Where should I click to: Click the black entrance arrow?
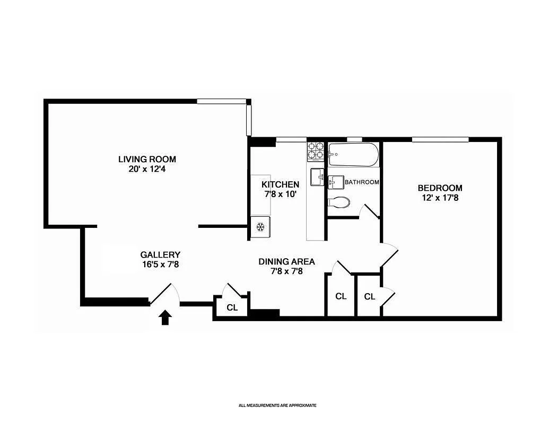tap(165, 317)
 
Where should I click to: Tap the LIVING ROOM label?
tap(147, 159)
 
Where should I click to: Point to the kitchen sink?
tap(317, 177)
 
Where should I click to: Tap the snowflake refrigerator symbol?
tap(260, 227)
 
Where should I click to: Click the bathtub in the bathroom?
tap(353, 155)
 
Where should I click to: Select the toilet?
tap(338, 202)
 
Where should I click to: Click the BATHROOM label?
tap(362, 182)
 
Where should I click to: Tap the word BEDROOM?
tap(440, 188)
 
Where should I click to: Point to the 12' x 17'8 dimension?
tap(440, 198)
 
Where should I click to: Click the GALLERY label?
tap(160, 254)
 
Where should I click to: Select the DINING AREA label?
tap(286, 261)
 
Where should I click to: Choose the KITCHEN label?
tap(280, 184)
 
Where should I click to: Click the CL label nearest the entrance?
tap(232, 307)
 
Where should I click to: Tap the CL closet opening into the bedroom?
tap(370, 297)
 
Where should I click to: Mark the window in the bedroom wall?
tap(440, 140)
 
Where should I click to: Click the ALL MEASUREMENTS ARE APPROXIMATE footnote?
tap(277, 405)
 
